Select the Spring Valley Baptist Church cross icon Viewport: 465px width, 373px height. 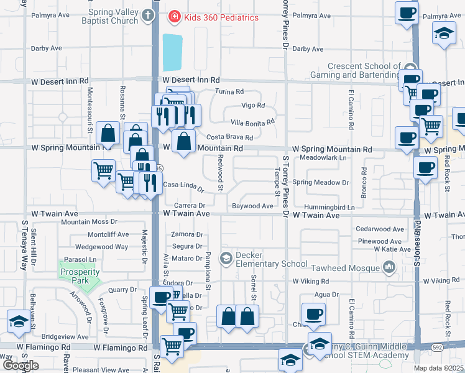click(147, 15)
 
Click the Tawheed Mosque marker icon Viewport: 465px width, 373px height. click(389, 268)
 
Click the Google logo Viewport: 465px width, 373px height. click(21, 366)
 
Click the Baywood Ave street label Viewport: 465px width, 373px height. click(252, 206)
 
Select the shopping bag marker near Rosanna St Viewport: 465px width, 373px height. click(108, 132)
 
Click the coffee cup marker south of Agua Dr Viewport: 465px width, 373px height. click(313, 315)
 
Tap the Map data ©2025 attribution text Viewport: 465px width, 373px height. click(438, 368)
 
